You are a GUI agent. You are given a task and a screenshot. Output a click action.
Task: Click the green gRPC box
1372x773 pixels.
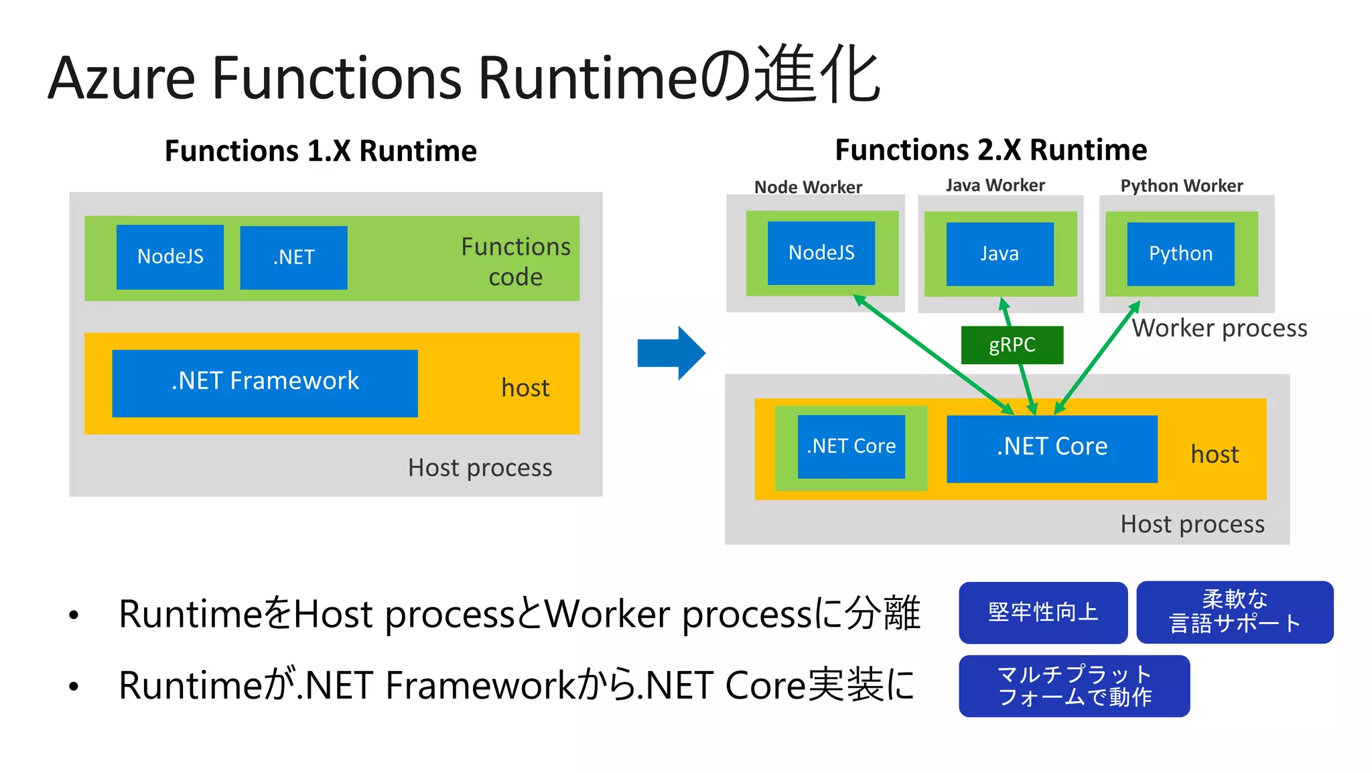1012,345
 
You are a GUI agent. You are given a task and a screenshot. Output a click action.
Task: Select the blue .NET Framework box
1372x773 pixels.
265,383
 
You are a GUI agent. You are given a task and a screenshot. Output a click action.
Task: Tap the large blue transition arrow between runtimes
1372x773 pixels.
671,353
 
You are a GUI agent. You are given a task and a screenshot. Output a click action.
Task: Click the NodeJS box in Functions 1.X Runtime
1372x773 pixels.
170,257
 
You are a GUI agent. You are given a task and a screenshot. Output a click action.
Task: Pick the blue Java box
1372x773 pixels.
1000,254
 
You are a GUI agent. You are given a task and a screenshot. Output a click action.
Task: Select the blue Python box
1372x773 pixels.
1180,254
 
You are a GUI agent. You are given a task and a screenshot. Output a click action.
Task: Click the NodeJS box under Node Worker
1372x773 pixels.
821,253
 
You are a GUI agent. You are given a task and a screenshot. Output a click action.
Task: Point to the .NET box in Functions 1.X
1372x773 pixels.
293,257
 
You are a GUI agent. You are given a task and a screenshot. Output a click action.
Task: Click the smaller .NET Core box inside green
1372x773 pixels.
851,447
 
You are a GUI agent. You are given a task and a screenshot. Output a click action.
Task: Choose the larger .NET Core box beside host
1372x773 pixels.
1052,448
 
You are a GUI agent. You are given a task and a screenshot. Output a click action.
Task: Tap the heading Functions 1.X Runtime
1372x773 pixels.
321,151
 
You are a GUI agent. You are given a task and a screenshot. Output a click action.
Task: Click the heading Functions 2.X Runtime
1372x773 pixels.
991,150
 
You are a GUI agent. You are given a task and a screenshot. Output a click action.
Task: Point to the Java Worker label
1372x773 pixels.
995,186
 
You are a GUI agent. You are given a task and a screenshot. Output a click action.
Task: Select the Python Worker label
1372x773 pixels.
1182,186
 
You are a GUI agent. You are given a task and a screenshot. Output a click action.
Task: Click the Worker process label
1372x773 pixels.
1219,329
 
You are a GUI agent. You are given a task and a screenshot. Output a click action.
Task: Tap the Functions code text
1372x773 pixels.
515,261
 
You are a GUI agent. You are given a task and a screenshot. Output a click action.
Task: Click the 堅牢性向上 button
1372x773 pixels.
1043,612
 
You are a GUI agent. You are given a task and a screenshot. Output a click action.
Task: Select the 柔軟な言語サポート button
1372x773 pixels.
1235,612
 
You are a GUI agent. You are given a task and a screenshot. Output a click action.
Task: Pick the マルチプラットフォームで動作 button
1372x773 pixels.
1074,686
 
